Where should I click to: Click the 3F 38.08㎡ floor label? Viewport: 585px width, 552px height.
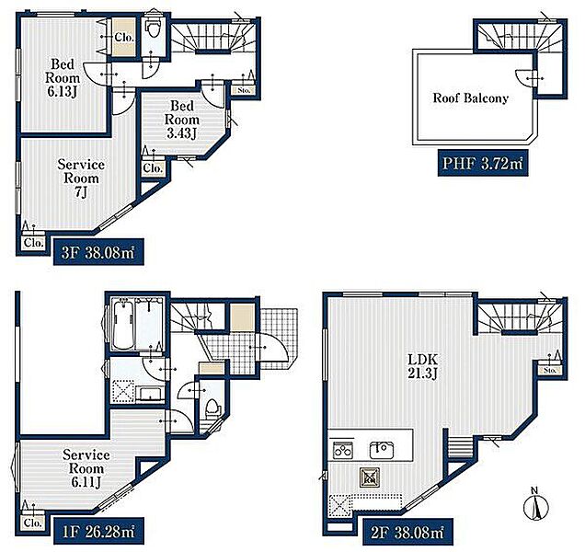point(98,252)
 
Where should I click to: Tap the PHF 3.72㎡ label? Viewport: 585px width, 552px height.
point(482,163)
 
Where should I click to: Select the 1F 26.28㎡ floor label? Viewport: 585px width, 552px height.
point(98,532)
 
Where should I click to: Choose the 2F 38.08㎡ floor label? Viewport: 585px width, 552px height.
point(407,532)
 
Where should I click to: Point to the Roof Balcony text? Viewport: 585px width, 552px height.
point(470,98)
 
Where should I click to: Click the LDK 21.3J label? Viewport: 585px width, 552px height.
point(422,366)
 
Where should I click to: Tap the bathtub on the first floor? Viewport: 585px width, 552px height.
point(122,325)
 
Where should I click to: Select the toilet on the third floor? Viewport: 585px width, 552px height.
point(153,28)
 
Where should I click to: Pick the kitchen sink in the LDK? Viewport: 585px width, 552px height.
point(382,450)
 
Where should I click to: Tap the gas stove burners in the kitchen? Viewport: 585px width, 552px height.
point(343,450)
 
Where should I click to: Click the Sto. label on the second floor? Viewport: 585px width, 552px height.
point(550,370)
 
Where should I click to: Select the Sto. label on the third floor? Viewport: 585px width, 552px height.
point(244,90)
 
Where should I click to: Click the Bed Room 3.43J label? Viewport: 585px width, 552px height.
point(182,120)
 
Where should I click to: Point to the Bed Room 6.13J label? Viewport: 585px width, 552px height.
point(63,77)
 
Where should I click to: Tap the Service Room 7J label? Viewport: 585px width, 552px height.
point(81,178)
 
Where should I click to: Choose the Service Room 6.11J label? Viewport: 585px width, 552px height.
point(86,468)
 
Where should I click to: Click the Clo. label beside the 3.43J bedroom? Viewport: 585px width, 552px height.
point(153,168)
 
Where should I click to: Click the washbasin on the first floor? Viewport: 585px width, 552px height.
point(150,394)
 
